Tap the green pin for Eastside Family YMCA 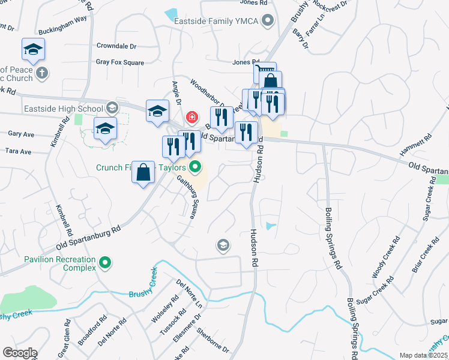pyautogui.click(x=269, y=22)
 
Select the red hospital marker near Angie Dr pyautogui.click(x=192, y=116)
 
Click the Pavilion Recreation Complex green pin pyautogui.click(x=106, y=263)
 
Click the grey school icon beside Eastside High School pyautogui.click(x=112, y=109)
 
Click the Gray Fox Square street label pyautogui.click(x=120, y=62)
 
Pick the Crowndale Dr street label pyautogui.click(x=116, y=46)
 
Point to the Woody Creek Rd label pyautogui.click(x=385, y=257)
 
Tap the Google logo pyautogui.click(x=20, y=353)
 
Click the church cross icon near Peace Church pyautogui.click(x=41, y=73)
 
